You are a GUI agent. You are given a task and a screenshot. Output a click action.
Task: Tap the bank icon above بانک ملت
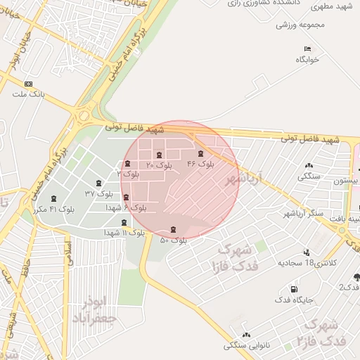pos(27,84)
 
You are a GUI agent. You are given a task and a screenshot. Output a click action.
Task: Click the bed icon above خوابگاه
pos(307,49)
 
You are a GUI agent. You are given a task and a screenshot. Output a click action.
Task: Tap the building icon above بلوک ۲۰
pos(159,155)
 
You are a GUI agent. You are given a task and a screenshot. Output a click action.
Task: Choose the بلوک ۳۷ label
pos(98,193)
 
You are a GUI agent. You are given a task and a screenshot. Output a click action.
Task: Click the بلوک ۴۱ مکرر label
pos(53,209)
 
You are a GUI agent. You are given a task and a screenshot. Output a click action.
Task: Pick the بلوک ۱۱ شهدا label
pos(124,232)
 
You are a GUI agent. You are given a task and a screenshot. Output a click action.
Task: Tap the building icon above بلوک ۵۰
pos(174,230)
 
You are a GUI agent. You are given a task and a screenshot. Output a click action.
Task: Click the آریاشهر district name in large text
pos(243,179)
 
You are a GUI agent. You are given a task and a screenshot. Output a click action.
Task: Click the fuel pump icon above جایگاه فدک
pos(293,290)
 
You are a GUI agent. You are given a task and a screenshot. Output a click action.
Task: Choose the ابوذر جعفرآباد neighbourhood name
pos(94,310)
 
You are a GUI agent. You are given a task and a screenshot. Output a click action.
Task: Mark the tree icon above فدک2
pos(356,277)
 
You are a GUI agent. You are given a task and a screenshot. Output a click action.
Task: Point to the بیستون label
pos(347,180)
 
